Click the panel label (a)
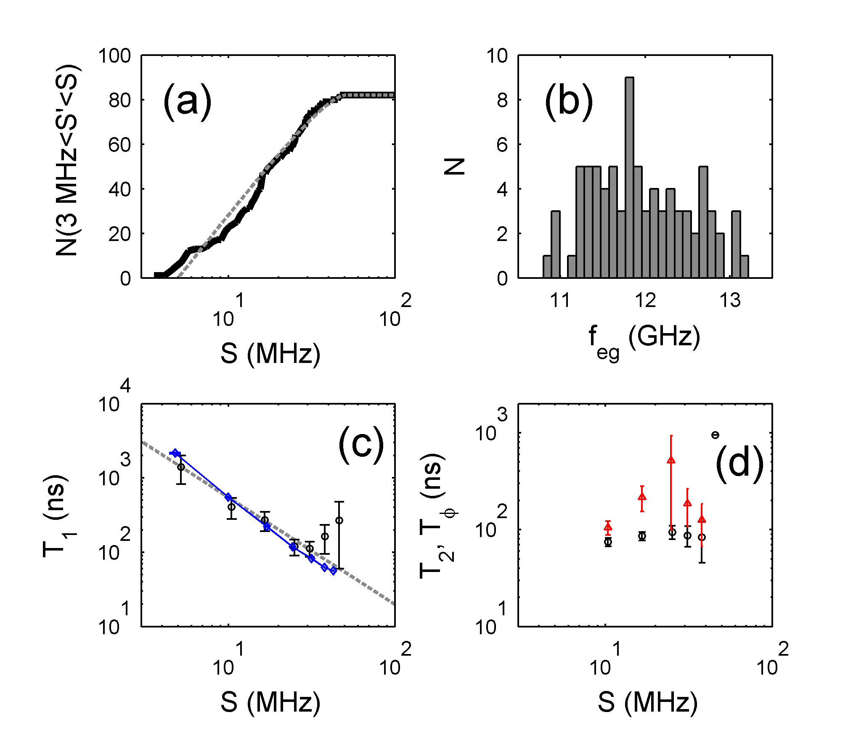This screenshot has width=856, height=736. [x=187, y=101]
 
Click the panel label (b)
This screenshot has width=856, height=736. [x=568, y=101]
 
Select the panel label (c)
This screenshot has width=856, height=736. [x=361, y=445]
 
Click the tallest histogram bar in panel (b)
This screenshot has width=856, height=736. [x=629, y=177]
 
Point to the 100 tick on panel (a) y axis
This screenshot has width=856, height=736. [x=114, y=56]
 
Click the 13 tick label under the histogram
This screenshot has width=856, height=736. [x=730, y=300]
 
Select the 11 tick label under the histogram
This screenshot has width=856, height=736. [x=560, y=300]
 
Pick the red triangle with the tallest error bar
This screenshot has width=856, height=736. [x=671, y=460]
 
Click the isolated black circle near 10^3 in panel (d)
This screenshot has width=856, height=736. [x=715, y=435]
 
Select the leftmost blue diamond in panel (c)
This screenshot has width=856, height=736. [x=175, y=453]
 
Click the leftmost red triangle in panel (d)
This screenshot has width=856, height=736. [x=608, y=527]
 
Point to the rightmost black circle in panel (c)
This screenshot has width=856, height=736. [x=339, y=520]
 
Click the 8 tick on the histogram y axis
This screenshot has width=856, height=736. [x=502, y=101]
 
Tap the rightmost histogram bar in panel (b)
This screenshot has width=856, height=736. [x=744, y=267]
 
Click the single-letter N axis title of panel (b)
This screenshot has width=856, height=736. [x=454, y=167]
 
